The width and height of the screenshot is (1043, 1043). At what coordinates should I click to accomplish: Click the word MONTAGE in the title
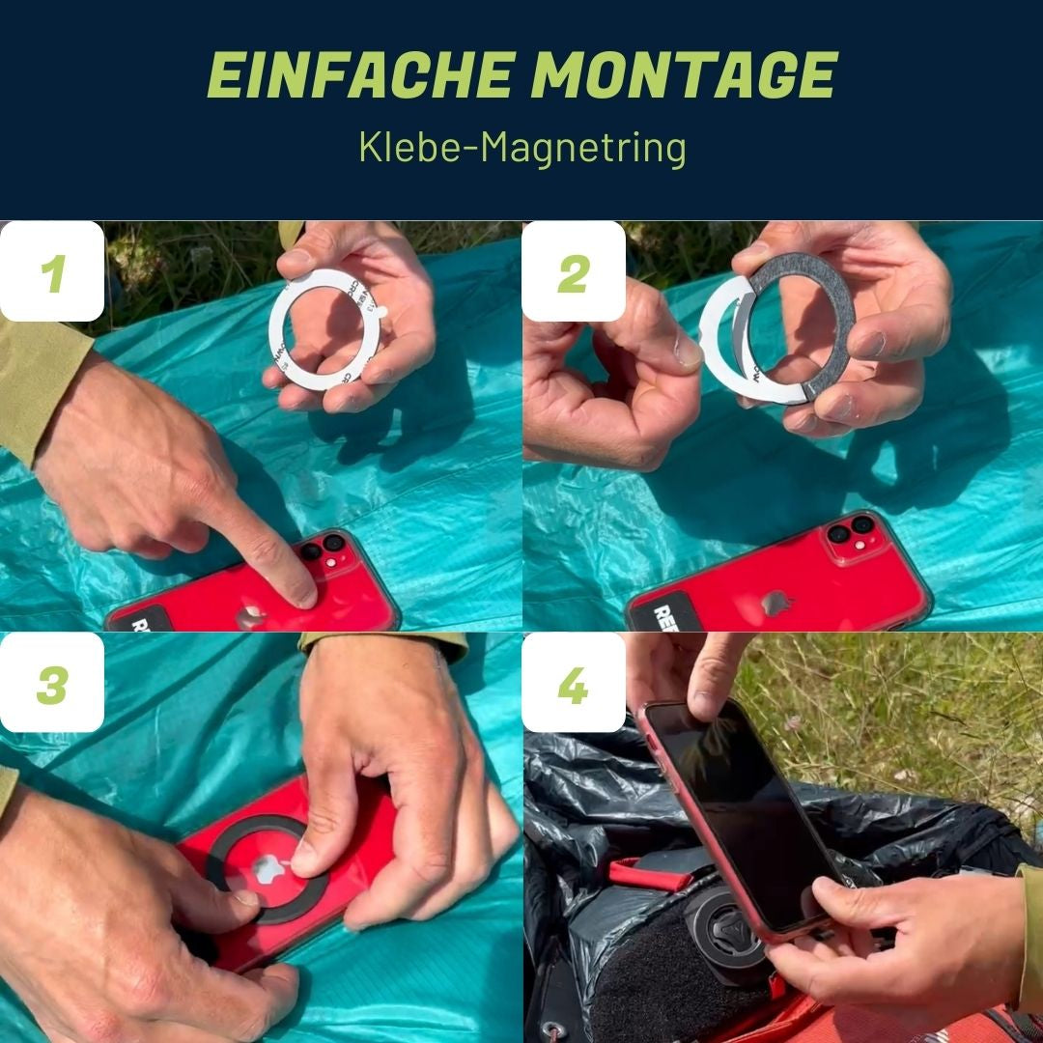click(x=684, y=76)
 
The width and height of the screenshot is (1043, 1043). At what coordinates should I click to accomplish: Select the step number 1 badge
click(x=52, y=272)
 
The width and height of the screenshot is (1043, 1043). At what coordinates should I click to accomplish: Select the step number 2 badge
click(x=574, y=272)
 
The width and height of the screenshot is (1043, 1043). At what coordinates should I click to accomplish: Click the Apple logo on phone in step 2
click(x=775, y=604)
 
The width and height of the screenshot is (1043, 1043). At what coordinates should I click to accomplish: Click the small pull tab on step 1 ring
click(x=381, y=312)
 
